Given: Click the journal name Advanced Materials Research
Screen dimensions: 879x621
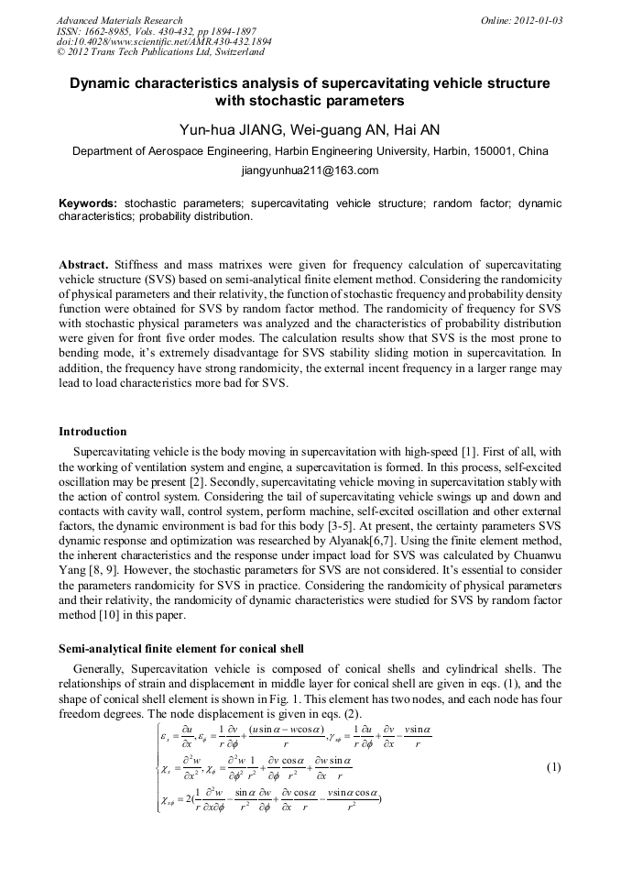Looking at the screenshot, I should point(119,20).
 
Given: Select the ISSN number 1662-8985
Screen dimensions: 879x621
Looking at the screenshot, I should point(111,31).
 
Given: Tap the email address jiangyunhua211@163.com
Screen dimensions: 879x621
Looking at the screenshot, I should point(310,170).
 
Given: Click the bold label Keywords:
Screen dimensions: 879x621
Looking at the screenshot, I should point(88,203).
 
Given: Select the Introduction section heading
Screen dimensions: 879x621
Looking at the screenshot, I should point(93,431).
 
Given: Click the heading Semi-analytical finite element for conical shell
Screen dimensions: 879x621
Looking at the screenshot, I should point(181,649).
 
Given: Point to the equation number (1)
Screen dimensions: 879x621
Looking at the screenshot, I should point(552,742).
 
